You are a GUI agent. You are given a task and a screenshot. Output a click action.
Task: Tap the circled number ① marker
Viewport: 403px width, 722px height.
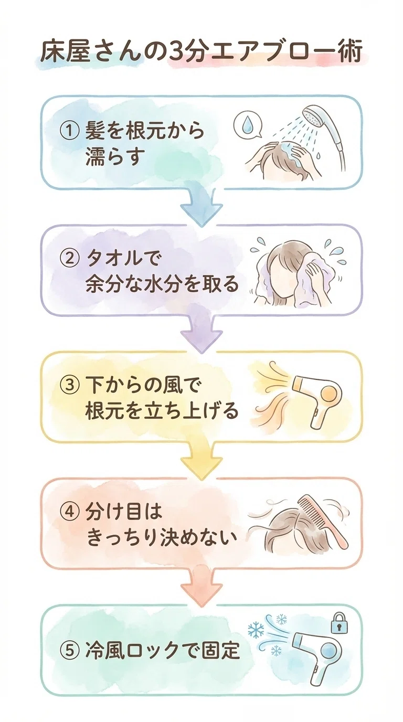[69, 131]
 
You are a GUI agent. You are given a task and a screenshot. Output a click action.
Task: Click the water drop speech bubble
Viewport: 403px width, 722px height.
[247, 126]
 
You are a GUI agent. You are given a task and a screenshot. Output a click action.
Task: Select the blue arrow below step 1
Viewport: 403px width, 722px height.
[201, 206]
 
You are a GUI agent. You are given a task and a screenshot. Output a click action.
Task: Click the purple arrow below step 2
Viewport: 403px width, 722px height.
[201, 334]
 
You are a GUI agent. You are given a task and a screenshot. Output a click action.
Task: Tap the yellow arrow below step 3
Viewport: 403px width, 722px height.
[201, 460]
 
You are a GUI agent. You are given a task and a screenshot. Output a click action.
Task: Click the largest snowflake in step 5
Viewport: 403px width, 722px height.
[256, 629]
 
